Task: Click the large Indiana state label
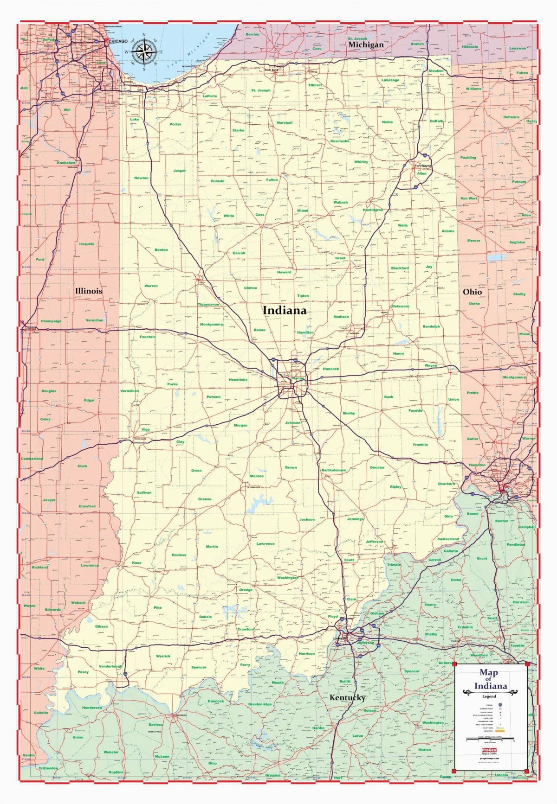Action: (x=285, y=310)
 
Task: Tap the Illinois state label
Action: (x=89, y=291)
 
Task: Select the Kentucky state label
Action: (x=347, y=697)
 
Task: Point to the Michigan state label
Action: (x=366, y=45)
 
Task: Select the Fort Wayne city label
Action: (x=422, y=166)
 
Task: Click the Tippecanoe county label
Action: (x=208, y=305)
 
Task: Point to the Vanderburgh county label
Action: (x=110, y=666)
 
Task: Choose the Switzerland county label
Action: (x=448, y=539)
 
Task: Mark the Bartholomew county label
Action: (x=334, y=470)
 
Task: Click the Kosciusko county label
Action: (x=340, y=140)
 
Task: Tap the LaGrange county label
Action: (x=390, y=80)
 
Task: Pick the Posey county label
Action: (x=83, y=672)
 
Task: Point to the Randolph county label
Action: (x=431, y=326)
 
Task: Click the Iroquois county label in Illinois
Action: (x=86, y=244)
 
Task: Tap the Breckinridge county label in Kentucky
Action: (x=260, y=704)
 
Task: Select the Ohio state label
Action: (x=472, y=292)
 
